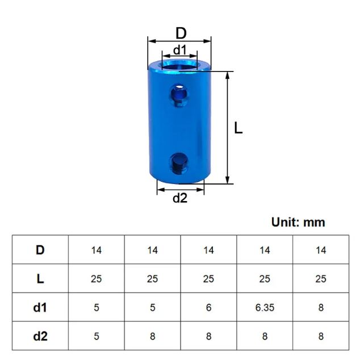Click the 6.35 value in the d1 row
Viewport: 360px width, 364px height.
click(x=265, y=308)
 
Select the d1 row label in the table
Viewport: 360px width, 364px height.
click(x=40, y=307)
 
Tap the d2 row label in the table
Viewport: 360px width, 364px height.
click(x=40, y=336)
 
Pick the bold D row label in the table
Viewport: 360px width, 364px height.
click(x=40, y=250)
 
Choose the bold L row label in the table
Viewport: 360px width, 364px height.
click(x=40, y=279)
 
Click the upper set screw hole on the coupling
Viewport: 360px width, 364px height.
click(x=179, y=94)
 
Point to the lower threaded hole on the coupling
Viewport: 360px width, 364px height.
click(x=179, y=162)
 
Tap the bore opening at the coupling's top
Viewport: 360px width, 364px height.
click(x=179, y=65)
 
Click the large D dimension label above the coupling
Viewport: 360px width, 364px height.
click(x=181, y=33)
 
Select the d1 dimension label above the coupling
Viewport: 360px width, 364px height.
click(x=180, y=49)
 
